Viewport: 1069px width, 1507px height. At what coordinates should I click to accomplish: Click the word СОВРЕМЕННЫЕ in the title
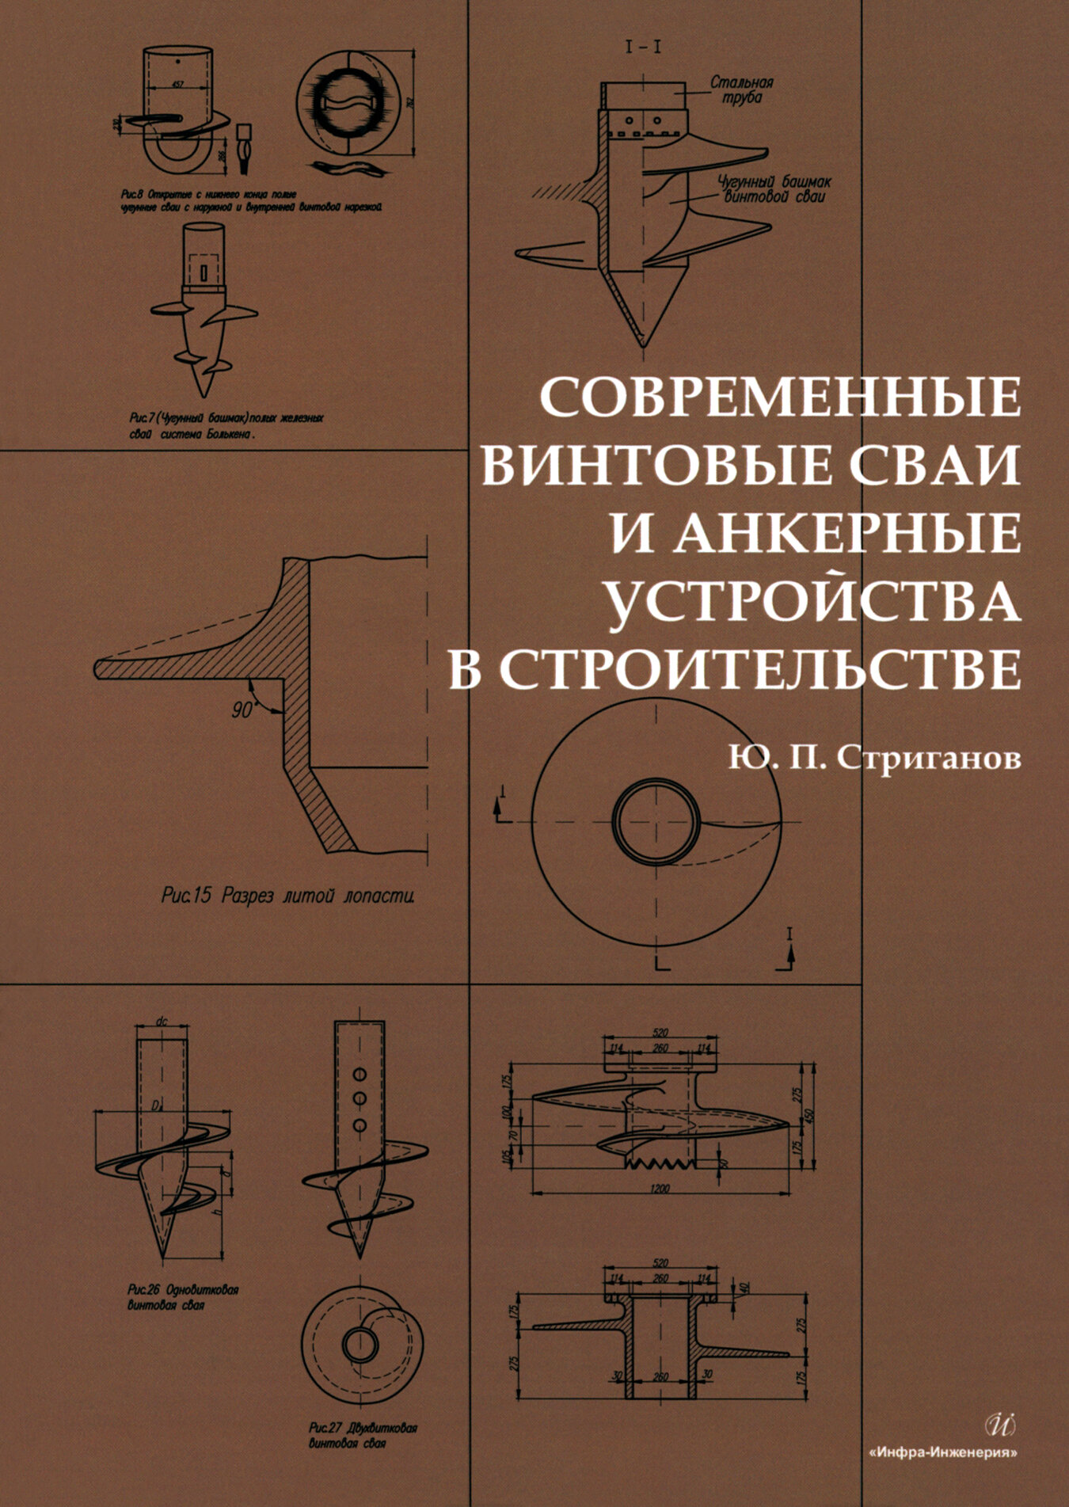coord(779,396)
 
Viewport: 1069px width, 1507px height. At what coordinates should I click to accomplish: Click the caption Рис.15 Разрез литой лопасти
coord(288,896)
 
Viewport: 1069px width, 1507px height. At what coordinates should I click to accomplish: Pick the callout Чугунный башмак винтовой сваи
coord(774,188)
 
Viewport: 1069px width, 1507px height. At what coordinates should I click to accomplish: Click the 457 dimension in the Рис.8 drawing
coord(177,84)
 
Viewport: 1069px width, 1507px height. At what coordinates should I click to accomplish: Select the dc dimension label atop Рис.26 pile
coord(162,1022)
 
